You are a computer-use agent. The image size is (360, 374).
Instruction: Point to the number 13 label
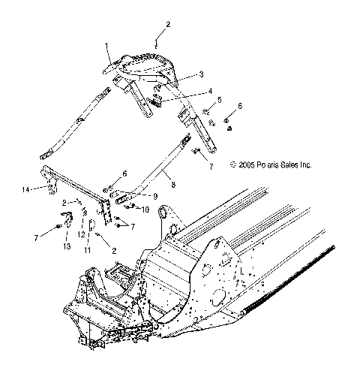[66, 247]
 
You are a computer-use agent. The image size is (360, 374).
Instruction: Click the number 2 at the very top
[167, 25]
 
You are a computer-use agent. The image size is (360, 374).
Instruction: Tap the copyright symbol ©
[233, 164]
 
